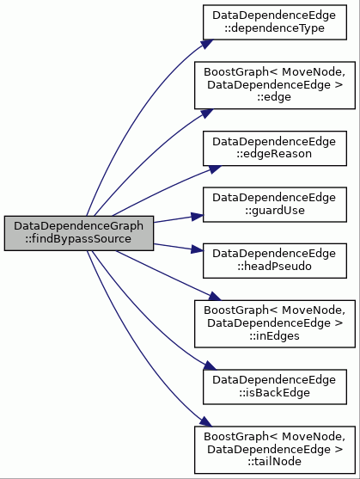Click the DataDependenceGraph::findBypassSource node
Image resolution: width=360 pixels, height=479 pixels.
click(79, 233)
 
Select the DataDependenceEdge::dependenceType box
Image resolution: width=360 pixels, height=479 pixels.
click(275, 22)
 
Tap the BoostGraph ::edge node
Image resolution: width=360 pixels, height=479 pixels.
click(275, 85)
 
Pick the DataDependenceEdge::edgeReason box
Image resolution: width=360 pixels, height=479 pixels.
click(275, 148)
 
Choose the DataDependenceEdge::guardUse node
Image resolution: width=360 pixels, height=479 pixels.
click(275, 205)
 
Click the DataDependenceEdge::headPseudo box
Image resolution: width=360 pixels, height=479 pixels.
click(275, 261)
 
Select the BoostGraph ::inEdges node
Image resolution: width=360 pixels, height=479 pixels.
click(275, 324)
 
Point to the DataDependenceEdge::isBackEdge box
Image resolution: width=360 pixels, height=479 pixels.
click(275, 387)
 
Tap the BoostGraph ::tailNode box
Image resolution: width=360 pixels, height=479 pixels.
click(275, 450)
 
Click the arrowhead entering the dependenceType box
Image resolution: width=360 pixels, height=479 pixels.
click(207, 44)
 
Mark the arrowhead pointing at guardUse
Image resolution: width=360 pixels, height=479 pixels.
click(197, 217)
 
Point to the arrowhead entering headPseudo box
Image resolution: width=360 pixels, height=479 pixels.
click(197, 249)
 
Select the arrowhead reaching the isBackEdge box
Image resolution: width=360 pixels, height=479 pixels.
click(210, 365)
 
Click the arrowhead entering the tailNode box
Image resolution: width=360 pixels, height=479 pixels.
click(205, 422)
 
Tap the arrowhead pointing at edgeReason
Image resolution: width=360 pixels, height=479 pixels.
click(215, 169)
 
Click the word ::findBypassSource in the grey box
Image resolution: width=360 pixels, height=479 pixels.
click(78, 239)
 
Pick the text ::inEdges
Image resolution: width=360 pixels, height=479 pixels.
click(274, 336)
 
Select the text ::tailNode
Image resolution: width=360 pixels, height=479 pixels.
click(274, 461)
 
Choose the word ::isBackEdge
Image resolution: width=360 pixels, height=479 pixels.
click(274, 393)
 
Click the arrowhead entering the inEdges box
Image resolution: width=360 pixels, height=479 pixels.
click(213, 297)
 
